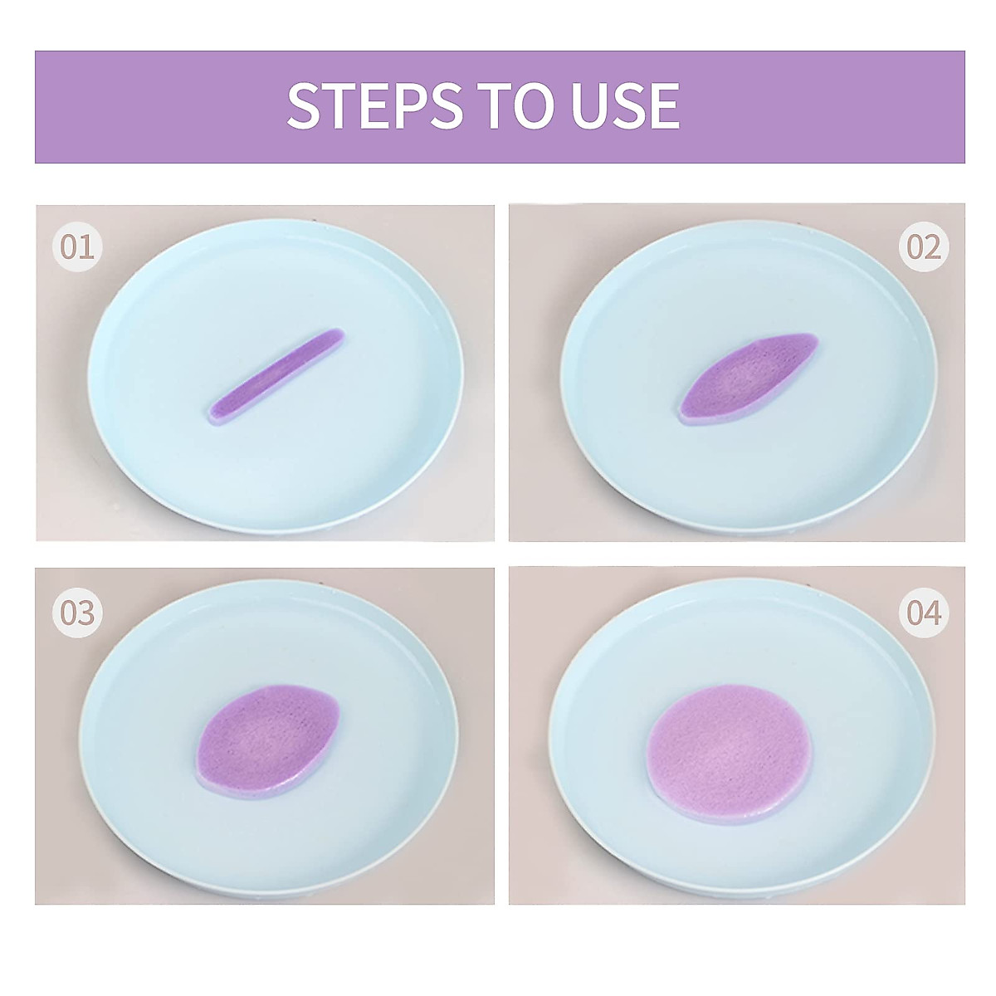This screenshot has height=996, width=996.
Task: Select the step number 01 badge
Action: (x=76, y=247)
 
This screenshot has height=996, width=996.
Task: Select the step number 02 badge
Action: (x=924, y=247)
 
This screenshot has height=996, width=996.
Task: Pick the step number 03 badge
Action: (x=76, y=613)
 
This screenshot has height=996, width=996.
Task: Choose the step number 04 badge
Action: (x=924, y=613)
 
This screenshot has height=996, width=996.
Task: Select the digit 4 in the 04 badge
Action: (x=933, y=613)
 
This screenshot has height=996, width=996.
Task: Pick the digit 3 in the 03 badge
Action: (x=85, y=613)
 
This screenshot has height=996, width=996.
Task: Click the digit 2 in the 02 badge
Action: (x=933, y=247)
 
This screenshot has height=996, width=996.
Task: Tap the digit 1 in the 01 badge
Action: (x=86, y=247)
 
